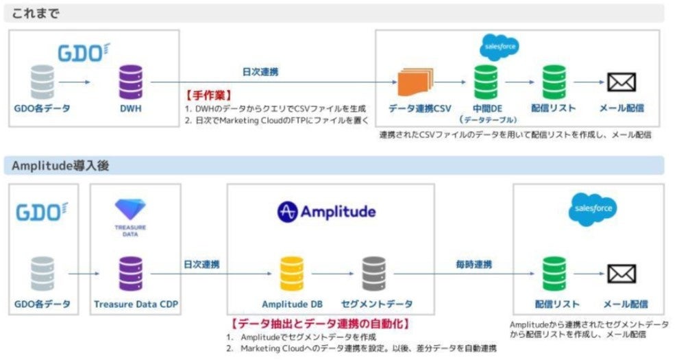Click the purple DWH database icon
point(130,82)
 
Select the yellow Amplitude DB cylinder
point(292,274)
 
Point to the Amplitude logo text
point(327,212)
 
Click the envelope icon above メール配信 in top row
point(621,83)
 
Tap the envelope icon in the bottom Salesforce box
point(622,274)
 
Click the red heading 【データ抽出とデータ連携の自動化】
point(321,323)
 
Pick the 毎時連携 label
point(474,263)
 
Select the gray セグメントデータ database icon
point(374,274)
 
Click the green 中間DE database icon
point(486,82)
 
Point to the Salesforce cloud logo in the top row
point(498,47)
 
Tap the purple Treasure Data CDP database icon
point(130,274)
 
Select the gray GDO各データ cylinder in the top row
point(42,82)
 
